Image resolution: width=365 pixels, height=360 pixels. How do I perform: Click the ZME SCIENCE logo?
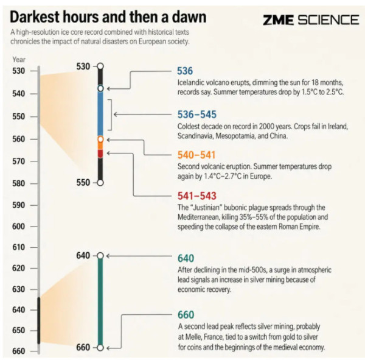click(311, 19)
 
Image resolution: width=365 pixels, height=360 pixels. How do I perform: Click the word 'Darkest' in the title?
click(35, 17)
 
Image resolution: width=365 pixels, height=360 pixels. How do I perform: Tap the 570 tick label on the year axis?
click(19, 161)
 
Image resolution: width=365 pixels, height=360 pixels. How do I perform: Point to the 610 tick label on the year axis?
click(19, 247)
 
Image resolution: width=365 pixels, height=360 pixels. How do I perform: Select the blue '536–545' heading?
click(197, 115)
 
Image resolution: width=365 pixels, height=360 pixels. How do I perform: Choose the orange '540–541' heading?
click(196, 155)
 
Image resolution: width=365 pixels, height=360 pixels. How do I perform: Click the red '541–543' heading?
click(197, 196)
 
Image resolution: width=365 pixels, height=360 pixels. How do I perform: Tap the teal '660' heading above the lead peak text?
click(186, 315)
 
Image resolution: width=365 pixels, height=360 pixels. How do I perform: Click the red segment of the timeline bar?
click(100, 154)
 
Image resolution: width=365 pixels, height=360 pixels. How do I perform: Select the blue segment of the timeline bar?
click(100, 114)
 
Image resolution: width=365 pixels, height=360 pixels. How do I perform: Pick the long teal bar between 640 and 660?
click(100, 302)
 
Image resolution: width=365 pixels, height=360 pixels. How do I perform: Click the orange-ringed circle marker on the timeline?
click(100, 139)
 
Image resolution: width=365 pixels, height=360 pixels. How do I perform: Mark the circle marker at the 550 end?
click(100, 183)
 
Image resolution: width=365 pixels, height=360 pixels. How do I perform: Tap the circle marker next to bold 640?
click(100, 256)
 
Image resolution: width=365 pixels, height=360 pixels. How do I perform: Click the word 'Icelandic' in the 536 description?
click(190, 83)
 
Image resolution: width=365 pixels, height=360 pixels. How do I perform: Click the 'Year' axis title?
click(19, 60)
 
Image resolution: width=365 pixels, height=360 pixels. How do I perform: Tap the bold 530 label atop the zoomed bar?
click(83, 66)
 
